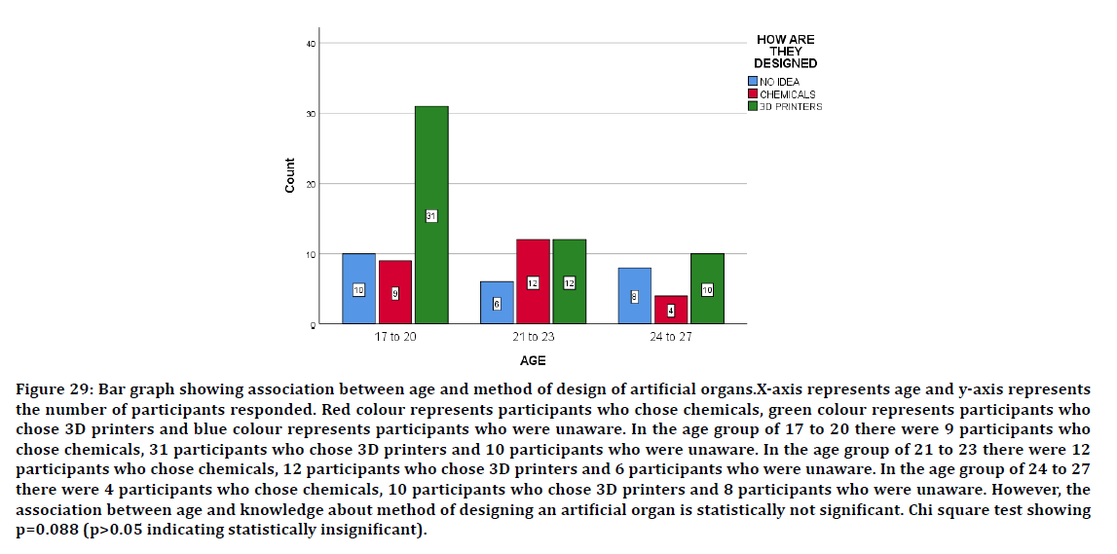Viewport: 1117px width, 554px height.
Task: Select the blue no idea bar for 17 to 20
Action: pyautogui.click(x=358, y=288)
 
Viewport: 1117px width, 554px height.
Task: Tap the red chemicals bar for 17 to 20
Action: pyautogui.click(x=395, y=292)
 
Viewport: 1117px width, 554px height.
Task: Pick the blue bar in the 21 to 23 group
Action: pyautogui.click(x=497, y=303)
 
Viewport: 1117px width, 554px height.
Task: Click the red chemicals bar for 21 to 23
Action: pyautogui.click(x=533, y=281)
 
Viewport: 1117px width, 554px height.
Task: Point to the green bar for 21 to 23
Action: pyautogui.click(x=569, y=281)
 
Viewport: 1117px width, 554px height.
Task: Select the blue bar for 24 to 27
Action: pyautogui.click(x=634, y=296)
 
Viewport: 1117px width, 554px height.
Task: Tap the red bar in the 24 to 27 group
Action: pyautogui.click(x=671, y=310)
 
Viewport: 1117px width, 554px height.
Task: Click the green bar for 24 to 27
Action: pyautogui.click(x=707, y=288)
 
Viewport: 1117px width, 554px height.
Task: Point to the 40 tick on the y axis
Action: pyautogui.click(x=310, y=44)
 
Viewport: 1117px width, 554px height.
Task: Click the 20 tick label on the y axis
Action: pyautogui.click(x=310, y=184)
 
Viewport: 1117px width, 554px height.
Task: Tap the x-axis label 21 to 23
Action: pyautogui.click(x=533, y=338)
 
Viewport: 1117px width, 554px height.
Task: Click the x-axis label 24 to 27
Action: pyautogui.click(x=670, y=338)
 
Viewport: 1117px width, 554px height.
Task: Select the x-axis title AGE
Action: pyautogui.click(x=533, y=361)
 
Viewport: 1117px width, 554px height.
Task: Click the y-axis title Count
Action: pyautogui.click(x=290, y=176)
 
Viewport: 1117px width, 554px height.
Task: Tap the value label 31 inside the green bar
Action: pyautogui.click(x=430, y=216)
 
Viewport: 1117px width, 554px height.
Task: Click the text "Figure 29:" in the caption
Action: pyautogui.click(x=53, y=390)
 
